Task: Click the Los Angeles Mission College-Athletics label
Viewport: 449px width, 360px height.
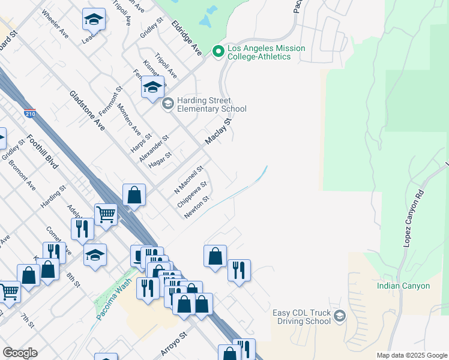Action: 266,52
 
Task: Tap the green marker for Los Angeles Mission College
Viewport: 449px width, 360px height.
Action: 218,52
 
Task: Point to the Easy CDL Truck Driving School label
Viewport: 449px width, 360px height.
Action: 303,316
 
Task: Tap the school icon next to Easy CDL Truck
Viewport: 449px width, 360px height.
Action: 340,316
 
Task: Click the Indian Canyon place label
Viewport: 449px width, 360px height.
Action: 403,286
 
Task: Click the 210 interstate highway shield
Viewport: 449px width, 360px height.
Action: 29,112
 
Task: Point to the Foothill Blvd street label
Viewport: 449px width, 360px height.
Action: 41,151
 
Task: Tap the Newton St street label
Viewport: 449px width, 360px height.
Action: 196,207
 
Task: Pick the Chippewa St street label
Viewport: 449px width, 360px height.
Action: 192,194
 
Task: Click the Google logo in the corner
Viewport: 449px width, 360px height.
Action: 19,353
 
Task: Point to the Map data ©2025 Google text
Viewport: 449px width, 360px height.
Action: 411,355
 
